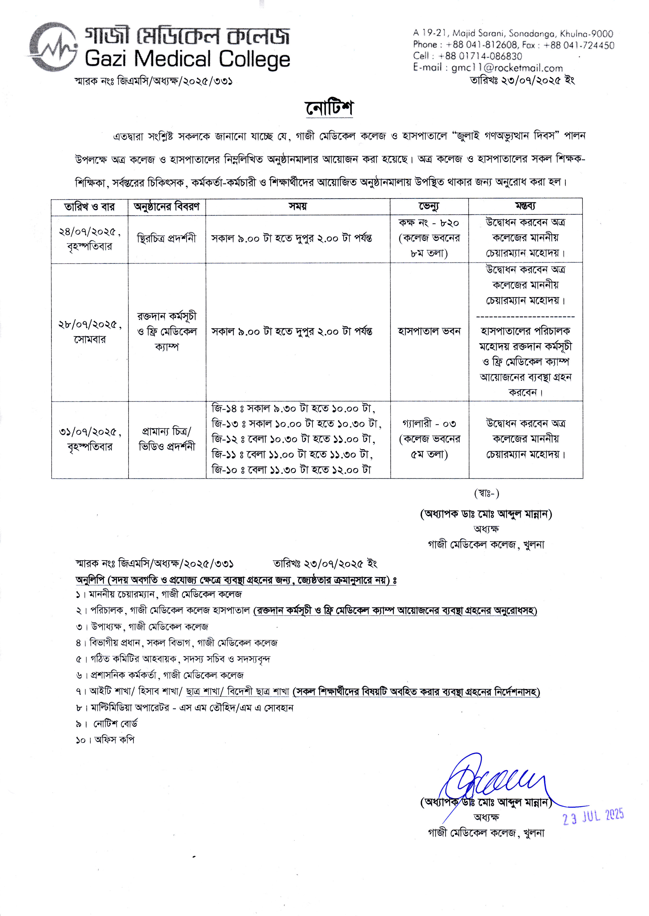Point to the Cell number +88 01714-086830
(480, 56)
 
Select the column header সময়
(298, 207)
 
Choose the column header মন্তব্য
(525, 207)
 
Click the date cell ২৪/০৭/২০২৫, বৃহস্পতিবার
(90, 239)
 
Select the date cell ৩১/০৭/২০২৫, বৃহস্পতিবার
(90, 439)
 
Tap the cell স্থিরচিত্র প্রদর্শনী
(167, 239)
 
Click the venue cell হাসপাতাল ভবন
(429, 331)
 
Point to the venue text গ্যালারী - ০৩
(429, 424)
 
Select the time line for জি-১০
(291, 470)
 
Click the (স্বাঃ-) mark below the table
(486, 494)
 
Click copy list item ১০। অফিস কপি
(105, 740)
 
